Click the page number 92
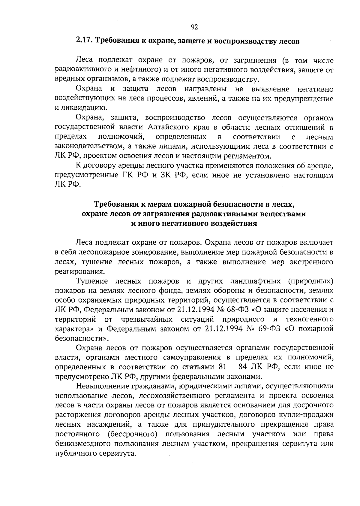tap(194, 28)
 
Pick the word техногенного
tap(310, 319)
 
